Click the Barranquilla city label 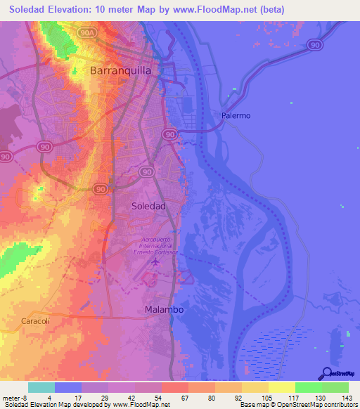121,71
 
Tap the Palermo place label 236,115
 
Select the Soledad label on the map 149,206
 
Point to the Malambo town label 163,309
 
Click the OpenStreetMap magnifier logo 326,374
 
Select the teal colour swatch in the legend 41,387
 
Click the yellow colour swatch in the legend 282,387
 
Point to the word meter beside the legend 10,397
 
